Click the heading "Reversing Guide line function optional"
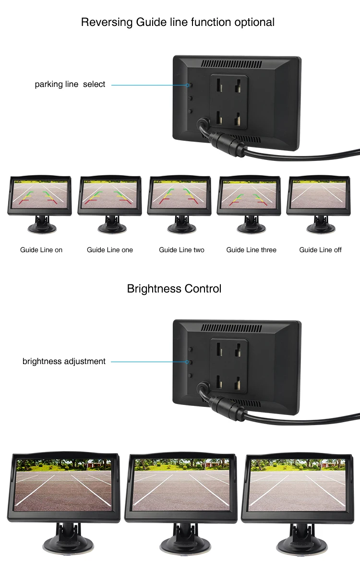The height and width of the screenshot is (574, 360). point(178,22)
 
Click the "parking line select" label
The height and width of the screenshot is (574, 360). point(70,85)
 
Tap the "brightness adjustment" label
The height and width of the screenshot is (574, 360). point(64,361)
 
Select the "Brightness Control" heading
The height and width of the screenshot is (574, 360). point(174,289)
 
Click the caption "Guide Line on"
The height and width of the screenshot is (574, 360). point(41,250)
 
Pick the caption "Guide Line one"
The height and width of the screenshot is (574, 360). point(110,250)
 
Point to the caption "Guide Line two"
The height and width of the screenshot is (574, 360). point(181,250)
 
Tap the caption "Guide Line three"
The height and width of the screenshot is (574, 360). point(252,250)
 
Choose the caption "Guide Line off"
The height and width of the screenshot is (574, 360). point(320,250)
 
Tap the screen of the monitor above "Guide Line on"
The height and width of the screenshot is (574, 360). point(40,194)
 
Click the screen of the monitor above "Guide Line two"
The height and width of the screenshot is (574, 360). point(180,194)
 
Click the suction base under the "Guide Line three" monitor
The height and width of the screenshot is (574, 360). point(250,227)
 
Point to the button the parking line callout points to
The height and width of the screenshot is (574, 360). point(190,85)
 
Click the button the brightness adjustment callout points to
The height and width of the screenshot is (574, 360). point(190,362)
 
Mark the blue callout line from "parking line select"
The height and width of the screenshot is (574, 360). point(149,85)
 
